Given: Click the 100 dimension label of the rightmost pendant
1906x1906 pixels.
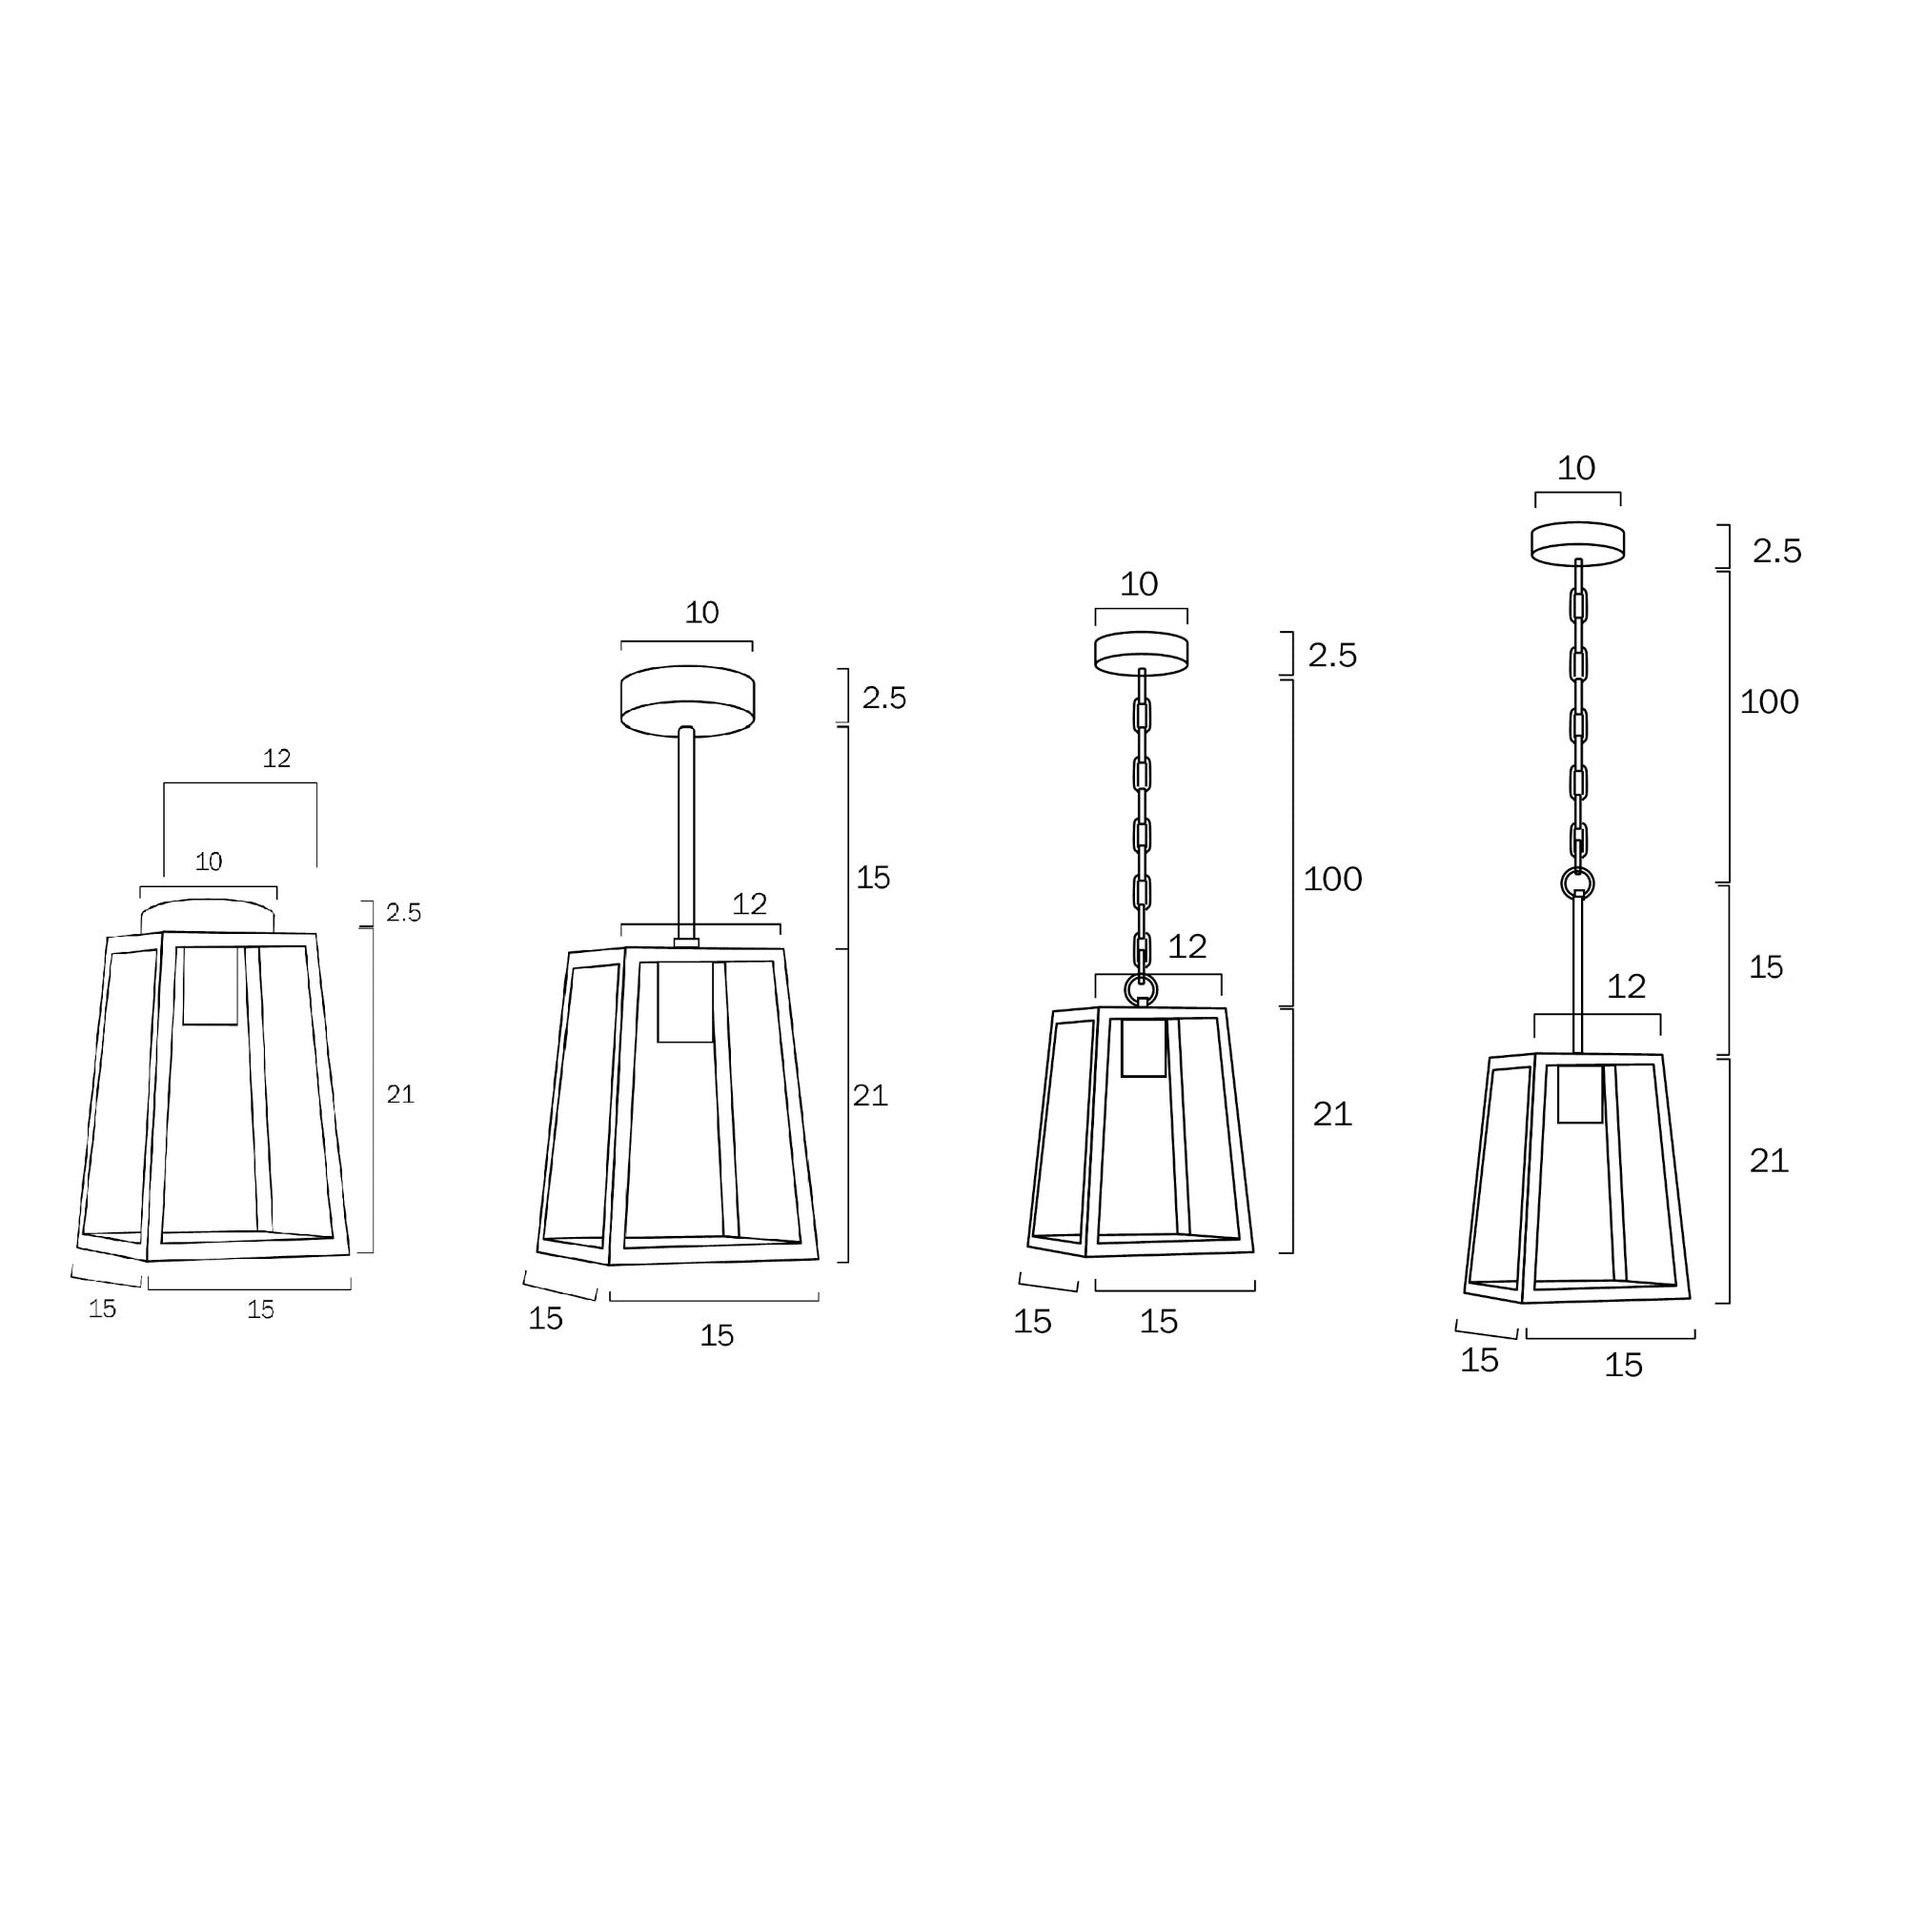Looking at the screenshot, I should pyautogui.click(x=1768, y=702).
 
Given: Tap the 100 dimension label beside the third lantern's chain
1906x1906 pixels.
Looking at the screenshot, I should pyautogui.click(x=1332, y=879).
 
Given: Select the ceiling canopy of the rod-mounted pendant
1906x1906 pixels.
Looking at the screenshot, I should pyautogui.click(x=688, y=700).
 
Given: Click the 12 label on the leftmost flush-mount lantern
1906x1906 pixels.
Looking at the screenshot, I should pyautogui.click(x=277, y=758).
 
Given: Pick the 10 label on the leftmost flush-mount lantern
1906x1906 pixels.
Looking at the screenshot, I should pyautogui.click(x=208, y=862).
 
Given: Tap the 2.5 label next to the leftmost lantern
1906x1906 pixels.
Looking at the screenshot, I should pyautogui.click(x=402, y=913).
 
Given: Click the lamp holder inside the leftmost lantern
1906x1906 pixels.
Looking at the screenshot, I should pyautogui.click(x=210, y=984).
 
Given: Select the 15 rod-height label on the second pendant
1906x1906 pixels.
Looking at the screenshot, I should pyautogui.click(x=872, y=877).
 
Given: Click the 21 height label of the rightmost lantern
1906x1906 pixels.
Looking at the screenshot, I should pyautogui.click(x=1768, y=1161).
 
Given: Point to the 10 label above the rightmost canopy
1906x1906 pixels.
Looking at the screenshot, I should pyautogui.click(x=1575, y=468).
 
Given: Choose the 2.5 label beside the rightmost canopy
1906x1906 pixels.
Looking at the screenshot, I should pyautogui.click(x=1775, y=551).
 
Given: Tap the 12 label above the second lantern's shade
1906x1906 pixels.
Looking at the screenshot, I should pyautogui.click(x=749, y=903).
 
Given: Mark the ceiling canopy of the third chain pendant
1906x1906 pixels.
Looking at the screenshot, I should pyautogui.click(x=1141, y=653).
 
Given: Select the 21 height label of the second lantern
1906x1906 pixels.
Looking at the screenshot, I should pyautogui.click(x=869, y=1095).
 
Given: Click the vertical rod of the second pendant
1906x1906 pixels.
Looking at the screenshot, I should pyautogui.click(x=686, y=835).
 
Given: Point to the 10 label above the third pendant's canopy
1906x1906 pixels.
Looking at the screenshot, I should pyautogui.click(x=1139, y=584).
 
